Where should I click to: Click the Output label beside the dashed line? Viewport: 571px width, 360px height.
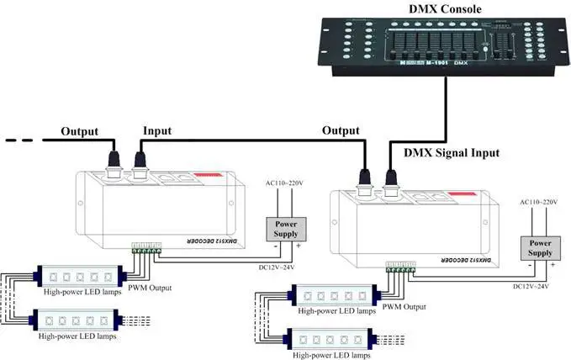[79, 131]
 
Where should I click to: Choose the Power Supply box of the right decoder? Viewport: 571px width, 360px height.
[539, 248]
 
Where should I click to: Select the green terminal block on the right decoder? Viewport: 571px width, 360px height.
[399, 267]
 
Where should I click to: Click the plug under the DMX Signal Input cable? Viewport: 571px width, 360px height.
[391, 179]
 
